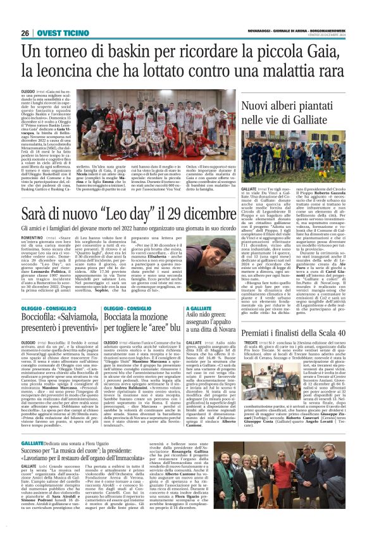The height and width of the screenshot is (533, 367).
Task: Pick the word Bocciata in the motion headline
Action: point(125,317)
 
